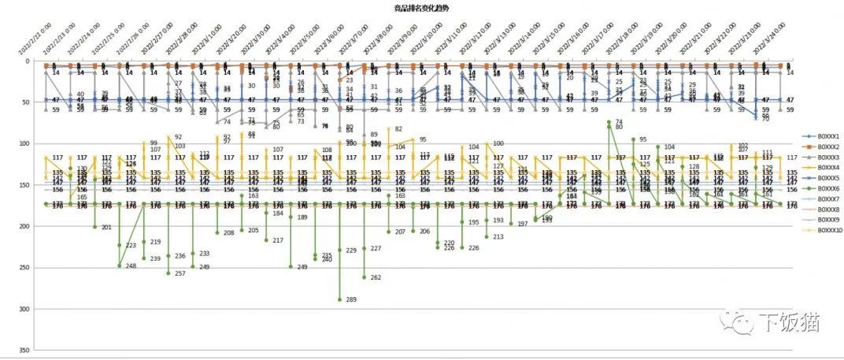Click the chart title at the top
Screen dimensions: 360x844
coord(422,7)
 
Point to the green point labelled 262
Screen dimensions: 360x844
coord(364,277)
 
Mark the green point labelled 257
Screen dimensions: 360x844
coord(168,273)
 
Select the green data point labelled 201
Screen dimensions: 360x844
coord(95,227)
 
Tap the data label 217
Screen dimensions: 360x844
coord(277,239)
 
